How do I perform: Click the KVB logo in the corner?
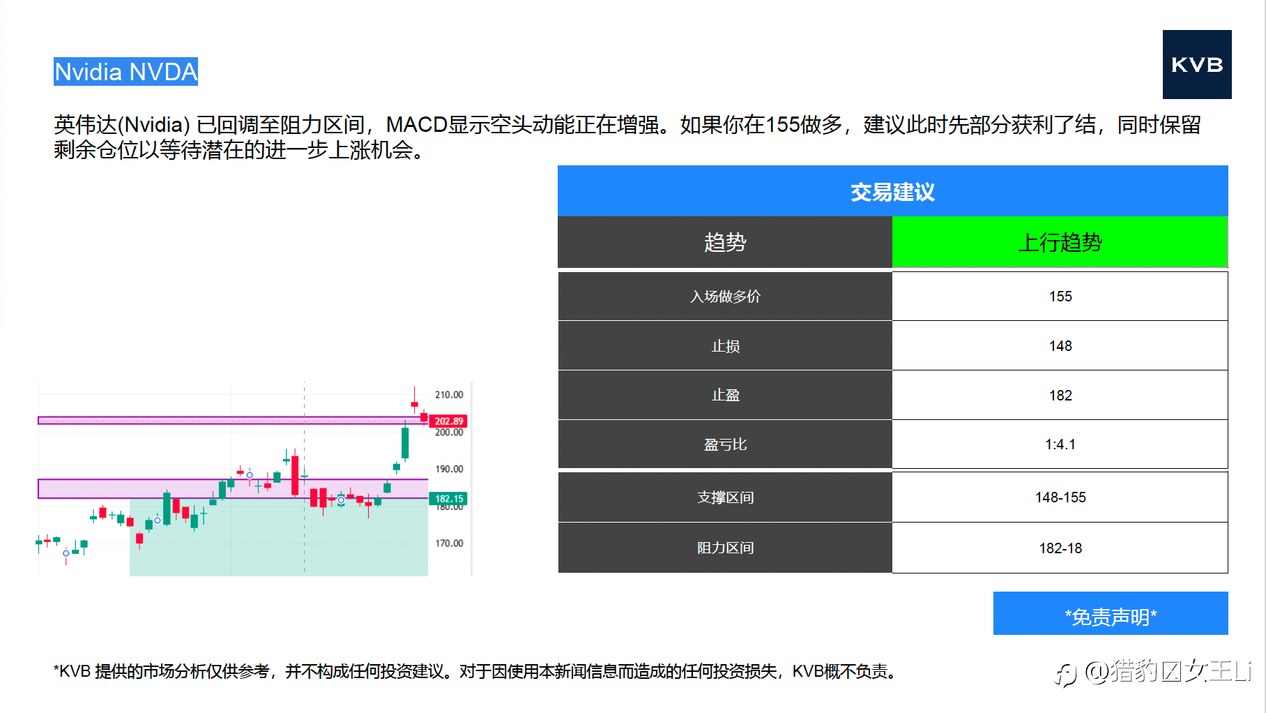[1196, 64]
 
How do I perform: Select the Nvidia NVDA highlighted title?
[125, 72]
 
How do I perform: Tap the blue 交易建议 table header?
[892, 191]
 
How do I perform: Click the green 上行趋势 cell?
[1060, 242]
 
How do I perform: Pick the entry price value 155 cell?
[1060, 297]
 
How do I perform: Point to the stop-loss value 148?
[1060, 346]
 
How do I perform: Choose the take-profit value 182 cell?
[1060, 396]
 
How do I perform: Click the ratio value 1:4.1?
[1060, 444]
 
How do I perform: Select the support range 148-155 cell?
[1060, 497]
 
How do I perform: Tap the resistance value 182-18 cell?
[1060, 548]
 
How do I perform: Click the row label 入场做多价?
[725, 297]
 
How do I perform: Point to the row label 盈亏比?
[725, 444]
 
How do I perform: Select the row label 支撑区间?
[725, 497]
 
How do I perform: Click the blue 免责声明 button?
[1111, 613]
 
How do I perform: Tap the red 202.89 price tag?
[448, 421]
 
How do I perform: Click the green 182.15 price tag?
[448, 499]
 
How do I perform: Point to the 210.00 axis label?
[449, 395]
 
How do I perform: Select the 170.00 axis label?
[449, 543]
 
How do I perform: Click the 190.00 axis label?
[449, 470]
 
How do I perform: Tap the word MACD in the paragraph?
[416, 125]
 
